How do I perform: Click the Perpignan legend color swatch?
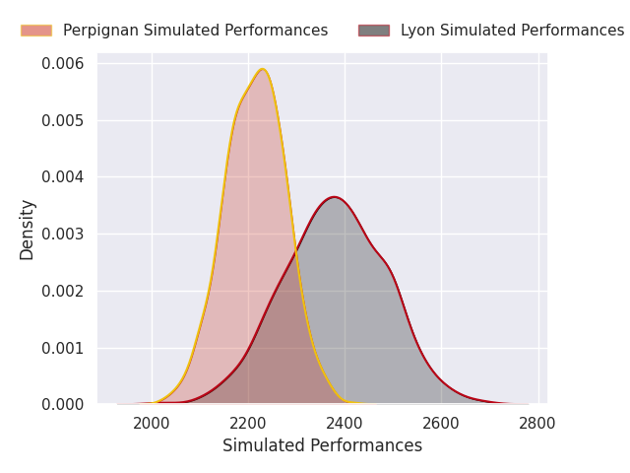36,31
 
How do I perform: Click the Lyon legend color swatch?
374,31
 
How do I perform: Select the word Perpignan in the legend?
100,31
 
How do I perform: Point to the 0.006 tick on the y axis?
63,63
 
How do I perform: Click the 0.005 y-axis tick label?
63,120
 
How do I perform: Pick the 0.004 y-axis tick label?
63,177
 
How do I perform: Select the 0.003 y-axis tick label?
63,235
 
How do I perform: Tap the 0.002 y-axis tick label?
63,291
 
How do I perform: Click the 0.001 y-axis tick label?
63,348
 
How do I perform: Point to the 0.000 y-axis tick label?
63,405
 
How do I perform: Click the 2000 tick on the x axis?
152,424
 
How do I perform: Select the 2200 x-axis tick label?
248,424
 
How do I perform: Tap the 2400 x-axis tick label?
345,424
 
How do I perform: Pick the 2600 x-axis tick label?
441,424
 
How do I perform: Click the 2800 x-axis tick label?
537,424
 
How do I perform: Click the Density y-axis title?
27,231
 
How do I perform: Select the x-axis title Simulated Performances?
323,445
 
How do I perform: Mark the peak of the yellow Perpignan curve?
263,69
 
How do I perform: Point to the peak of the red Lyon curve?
335,197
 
